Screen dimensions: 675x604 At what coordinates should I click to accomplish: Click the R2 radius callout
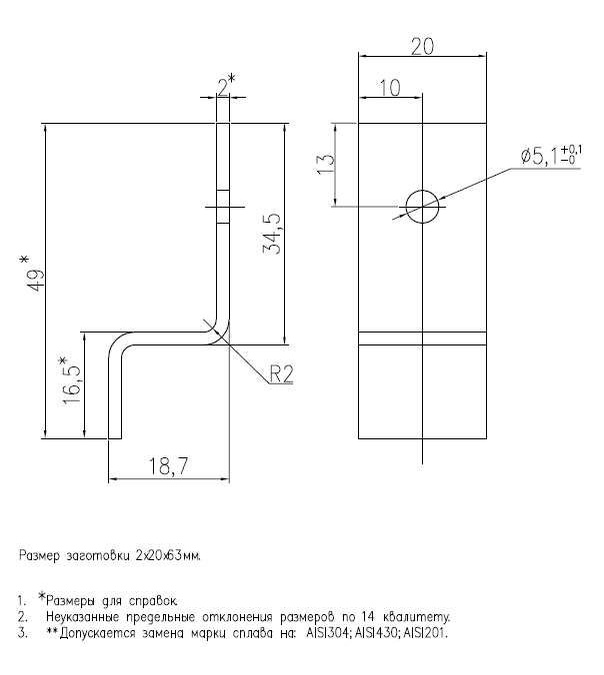click(281, 374)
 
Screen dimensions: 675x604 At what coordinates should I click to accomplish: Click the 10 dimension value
click(390, 88)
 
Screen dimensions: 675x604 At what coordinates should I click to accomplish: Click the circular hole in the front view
click(422, 204)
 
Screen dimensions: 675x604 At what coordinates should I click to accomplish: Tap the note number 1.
click(21, 602)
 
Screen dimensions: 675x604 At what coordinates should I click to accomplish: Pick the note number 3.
click(21, 632)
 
